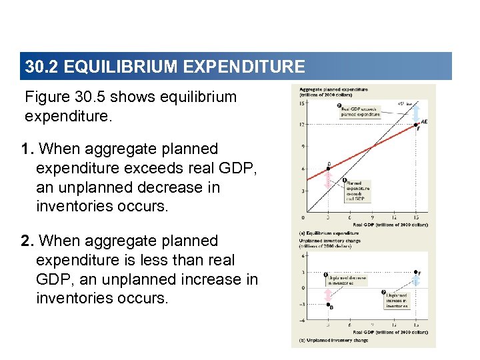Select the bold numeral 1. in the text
pos(26,149)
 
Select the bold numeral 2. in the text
pos(27,241)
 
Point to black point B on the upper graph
pos(327,168)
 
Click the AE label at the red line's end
pos(424,121)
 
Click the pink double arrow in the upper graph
pos(327,179)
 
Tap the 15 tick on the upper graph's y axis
pos(303,103)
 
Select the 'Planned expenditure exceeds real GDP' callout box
pos(357,190)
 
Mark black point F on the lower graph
pos(415,272)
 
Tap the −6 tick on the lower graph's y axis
pos(302,321)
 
